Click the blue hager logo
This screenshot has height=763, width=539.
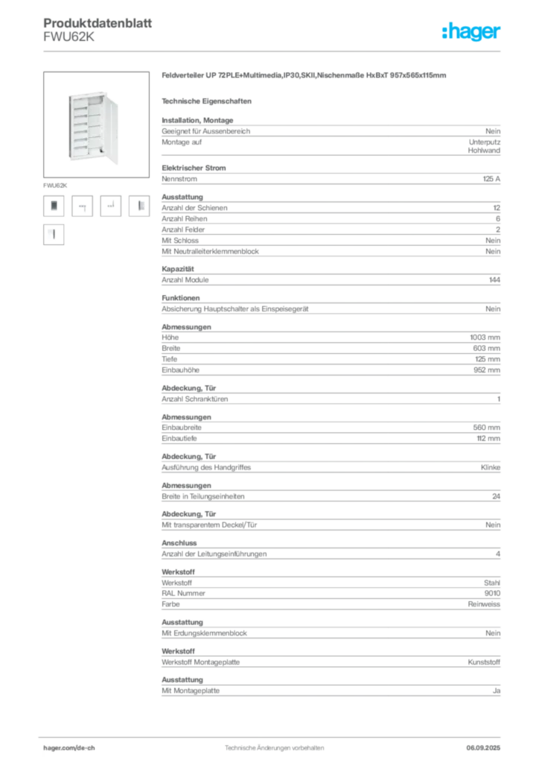coord(472,32)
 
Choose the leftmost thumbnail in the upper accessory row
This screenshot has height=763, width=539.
coord(53,206)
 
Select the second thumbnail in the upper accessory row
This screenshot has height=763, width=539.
coord(83,207)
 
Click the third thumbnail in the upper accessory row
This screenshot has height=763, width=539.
coord(112,204)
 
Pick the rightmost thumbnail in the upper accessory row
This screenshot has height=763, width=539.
coord(141,206)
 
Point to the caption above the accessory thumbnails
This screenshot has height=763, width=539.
coord(56,183)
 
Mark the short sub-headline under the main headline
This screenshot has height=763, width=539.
coord(208,101)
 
